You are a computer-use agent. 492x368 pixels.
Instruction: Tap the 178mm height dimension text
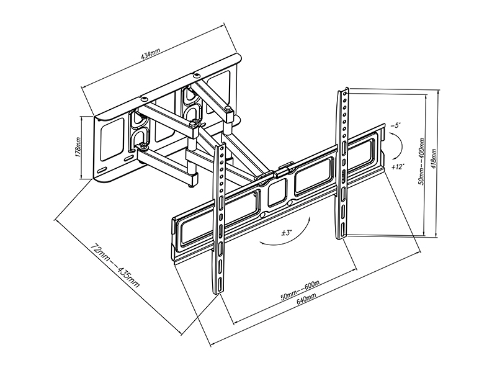[78, 147]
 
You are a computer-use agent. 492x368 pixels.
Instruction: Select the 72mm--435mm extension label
[115, 264]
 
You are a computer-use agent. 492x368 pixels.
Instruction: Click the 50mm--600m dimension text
[300, 290]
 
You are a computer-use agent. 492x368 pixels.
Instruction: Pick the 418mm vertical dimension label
[434, 158]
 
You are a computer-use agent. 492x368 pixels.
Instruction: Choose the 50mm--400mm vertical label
[421, 161]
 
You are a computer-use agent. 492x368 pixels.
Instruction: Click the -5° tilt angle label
[395, 125]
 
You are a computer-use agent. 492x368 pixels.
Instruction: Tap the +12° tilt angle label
[398, 167]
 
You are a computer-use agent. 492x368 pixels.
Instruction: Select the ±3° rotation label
[287, 233]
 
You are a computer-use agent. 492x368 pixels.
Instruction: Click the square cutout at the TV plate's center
[277, 193]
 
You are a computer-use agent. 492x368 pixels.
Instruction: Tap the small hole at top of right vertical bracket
[344, 93]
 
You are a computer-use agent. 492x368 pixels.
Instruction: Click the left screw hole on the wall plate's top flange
[144, 99]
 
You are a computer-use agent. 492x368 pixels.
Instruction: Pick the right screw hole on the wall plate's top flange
[197, 76]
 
